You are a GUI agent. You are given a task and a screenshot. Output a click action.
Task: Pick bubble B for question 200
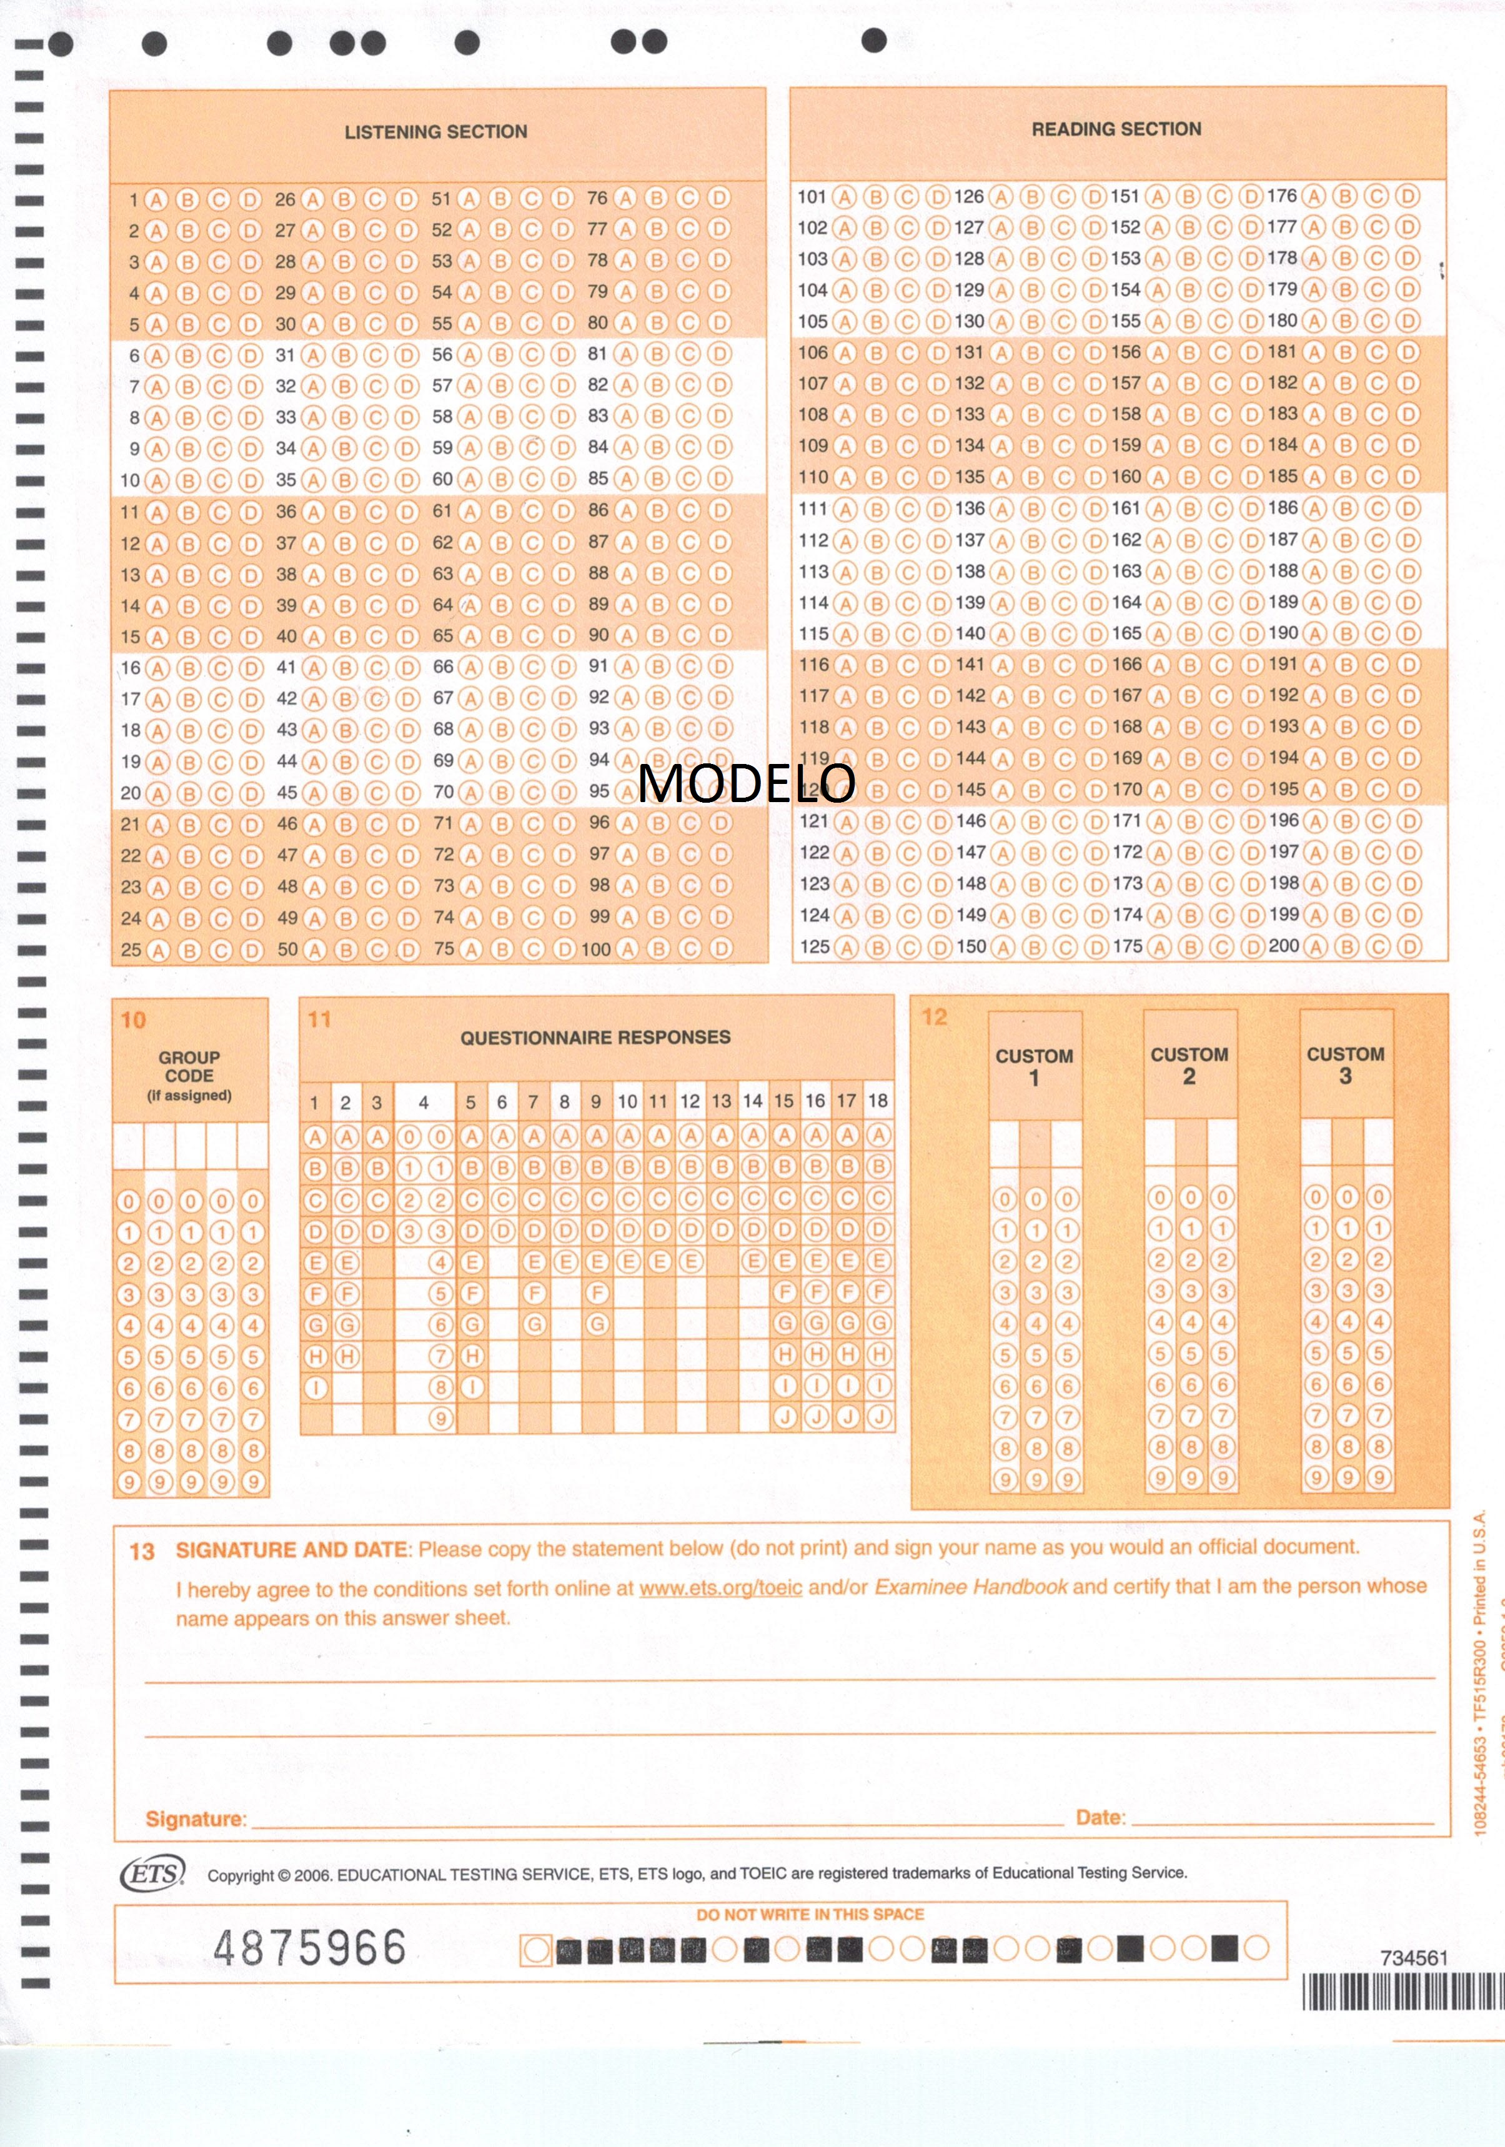(x=1346, y=946)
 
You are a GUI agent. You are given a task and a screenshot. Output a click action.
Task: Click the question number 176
(x=1281, y=196)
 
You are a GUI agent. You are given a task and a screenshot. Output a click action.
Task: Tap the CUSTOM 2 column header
(x=1189, y=1065)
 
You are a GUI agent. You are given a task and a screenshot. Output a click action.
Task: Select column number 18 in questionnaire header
(x=877, y=1101)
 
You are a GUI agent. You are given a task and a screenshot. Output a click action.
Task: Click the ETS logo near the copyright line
(x=152, y=1873)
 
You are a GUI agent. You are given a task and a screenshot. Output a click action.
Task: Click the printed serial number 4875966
(x=310, y=1948)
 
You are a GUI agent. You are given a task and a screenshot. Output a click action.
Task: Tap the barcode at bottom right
(x=1403, y=1992)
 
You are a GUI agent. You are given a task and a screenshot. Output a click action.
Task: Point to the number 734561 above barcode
(x=1413, y=1957)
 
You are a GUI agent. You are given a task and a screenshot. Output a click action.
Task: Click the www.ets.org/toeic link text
(x=720, y=1588)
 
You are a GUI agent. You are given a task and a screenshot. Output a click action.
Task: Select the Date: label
(x=1101, y=1817)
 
